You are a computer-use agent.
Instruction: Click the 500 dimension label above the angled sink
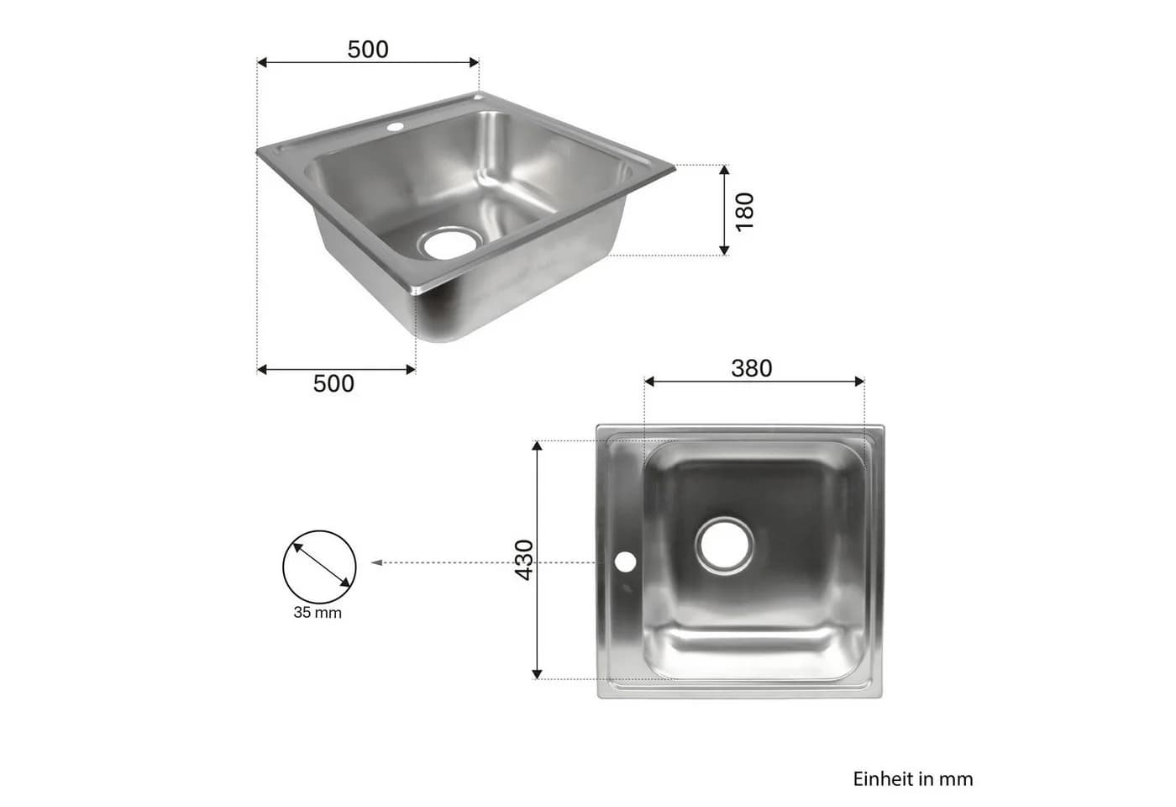tap(368, 50)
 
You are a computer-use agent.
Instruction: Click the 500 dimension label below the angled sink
tap(333, 383)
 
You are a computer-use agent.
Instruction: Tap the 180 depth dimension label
tap(744, 212)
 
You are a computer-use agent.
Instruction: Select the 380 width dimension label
tap(751, 368)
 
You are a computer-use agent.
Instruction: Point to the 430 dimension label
tap(524, 560)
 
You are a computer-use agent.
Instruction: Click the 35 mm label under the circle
tap(318, 613)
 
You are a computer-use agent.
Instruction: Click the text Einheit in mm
tap(913, 778)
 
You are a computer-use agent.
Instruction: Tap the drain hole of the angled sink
tap(450, 244)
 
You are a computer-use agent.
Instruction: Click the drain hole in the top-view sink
tap(724, 546)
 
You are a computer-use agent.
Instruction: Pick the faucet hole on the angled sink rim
tap(396, 127)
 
